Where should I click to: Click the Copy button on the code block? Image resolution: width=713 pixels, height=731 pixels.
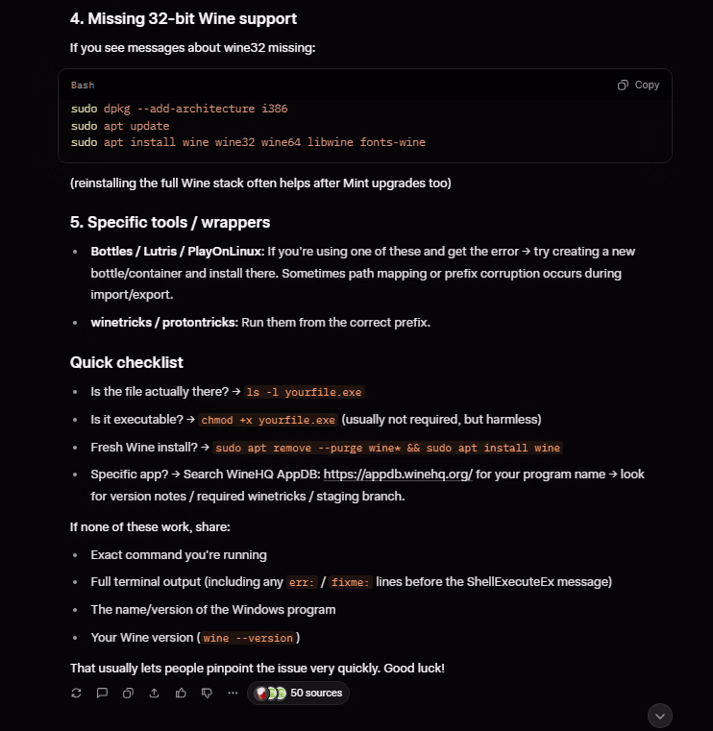pos(638,85)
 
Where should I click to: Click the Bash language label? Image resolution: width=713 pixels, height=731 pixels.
pos(83,85)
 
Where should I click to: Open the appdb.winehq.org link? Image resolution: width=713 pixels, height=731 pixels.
pos(397,475)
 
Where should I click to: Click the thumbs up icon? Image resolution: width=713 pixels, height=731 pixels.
pos(180,693)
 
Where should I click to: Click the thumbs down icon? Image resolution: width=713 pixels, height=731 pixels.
pos(206,693)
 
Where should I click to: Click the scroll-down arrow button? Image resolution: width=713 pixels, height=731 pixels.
pos(659,716)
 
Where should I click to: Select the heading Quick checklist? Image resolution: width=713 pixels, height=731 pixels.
pos(126,362)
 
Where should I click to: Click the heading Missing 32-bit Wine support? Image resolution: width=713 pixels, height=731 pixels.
pos(183,18)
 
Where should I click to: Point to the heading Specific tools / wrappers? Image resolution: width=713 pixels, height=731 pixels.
pos(169,222)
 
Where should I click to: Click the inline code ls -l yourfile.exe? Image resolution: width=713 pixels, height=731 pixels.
pos(304,393)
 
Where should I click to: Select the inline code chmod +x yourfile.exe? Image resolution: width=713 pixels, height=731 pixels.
pos(268,420)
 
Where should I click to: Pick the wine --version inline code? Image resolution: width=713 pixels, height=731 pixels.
pos(249,638)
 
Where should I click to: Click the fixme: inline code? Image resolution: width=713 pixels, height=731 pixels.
pos(350,582)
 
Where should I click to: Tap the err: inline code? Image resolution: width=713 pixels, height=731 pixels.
pos(302,582)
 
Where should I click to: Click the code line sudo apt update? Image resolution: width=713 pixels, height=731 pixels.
pos(120,126)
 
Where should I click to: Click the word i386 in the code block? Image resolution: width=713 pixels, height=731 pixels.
pos(274,109)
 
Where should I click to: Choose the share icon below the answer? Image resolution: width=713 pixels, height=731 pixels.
pos(154,693)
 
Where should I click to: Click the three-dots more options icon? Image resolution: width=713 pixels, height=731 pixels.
pos(232,693)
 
